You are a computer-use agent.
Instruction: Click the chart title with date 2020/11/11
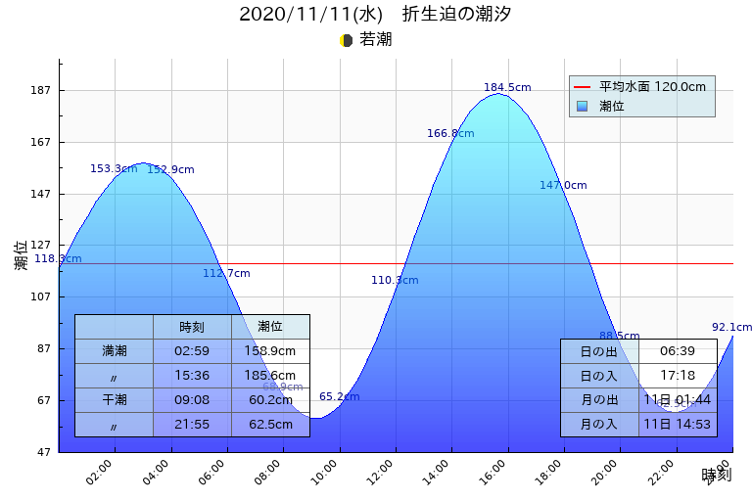click(375, 15)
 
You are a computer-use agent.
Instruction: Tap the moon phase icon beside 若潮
click(346, 40)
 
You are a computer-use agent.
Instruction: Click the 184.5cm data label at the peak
click(507, 87)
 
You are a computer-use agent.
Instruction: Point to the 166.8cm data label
click(450, 133)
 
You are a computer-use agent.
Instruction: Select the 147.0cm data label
click(563, 185)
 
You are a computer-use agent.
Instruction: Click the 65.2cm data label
click(339, 396)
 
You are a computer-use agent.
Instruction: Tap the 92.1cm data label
click(731, 327)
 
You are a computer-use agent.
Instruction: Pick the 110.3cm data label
click(395, 280)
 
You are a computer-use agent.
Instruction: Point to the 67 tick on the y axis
click(43, 400)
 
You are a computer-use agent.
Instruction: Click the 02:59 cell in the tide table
click(192, 350)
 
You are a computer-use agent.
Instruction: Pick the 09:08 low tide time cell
click(192, 399)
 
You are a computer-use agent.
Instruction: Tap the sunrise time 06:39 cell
click(678, 351)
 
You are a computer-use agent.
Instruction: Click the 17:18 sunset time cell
click(678, 376)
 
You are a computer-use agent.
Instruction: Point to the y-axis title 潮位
click(22, 255)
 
